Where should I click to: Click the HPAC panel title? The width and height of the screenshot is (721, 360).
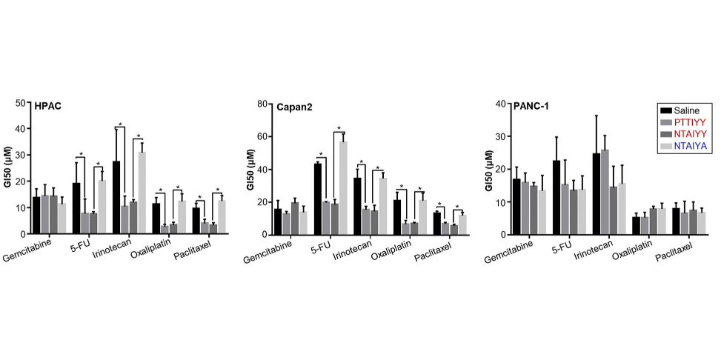click(x=47, y=106)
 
